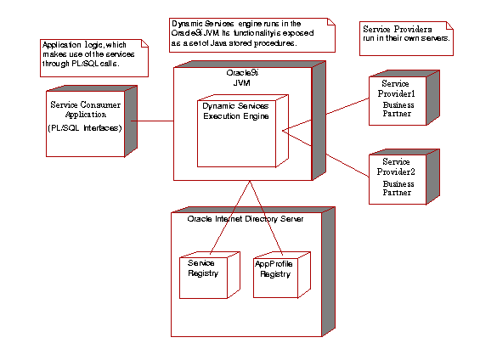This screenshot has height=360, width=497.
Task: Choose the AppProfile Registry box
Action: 274,274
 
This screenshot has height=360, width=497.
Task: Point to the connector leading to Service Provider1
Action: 327,113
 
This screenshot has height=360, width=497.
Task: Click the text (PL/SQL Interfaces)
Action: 84,127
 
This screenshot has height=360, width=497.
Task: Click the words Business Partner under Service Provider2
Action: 398,188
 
